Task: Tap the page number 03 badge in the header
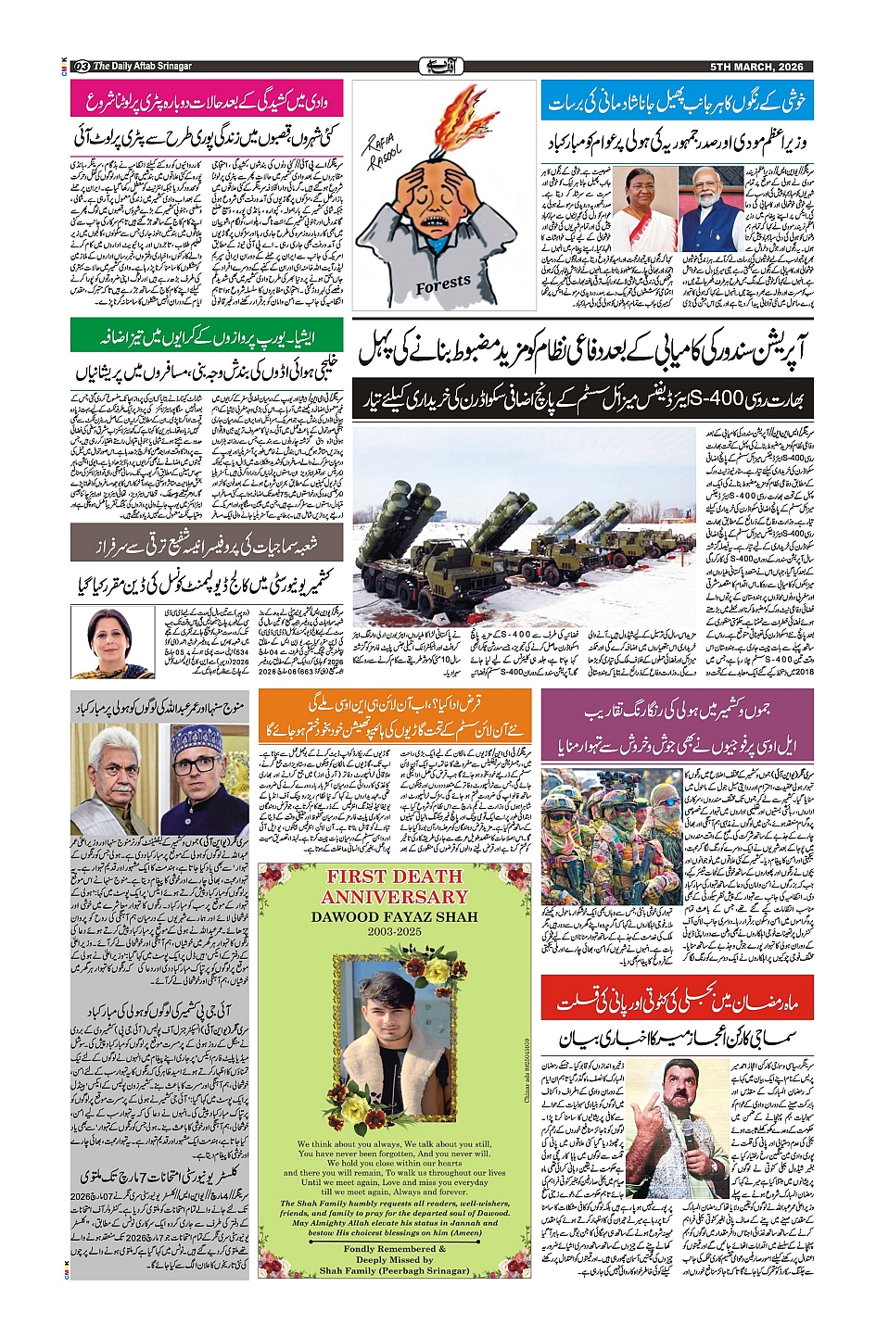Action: pyautogui.click(x=81, y=67)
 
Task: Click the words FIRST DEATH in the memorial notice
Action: pyautogui.click(x=394, y=877)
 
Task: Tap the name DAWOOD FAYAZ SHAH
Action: pyautogui.click(x=394, y=917)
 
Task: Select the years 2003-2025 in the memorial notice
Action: pyautogui.click(x=394, y=931)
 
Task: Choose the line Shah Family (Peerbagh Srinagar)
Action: pyautogui.click(x=394, y=1270)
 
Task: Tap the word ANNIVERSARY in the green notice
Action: pyautogui.click(x=394, y=897)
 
